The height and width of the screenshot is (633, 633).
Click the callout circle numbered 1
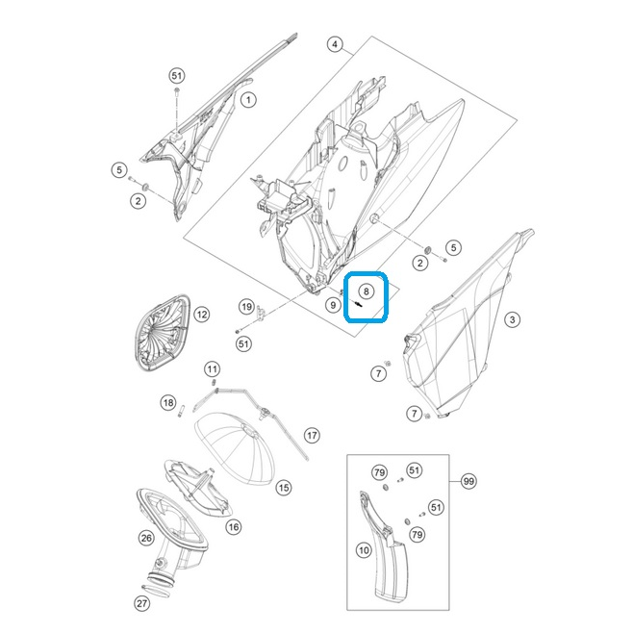[248, 100]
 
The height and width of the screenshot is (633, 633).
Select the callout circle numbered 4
[335, 44]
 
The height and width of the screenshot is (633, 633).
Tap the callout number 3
[513, 319]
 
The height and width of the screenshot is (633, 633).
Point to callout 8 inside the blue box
[367, 291]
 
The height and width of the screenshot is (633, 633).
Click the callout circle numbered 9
[333, 305]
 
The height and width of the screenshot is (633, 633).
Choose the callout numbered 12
[202, 315]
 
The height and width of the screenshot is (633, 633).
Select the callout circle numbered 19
[246, 307]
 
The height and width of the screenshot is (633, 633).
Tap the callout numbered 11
[213, 368]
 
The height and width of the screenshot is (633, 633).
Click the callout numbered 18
[168, 402]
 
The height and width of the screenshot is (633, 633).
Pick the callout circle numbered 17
[312, 435]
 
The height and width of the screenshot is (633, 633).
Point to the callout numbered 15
[284, 488]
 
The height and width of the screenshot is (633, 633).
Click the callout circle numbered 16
[234, 527]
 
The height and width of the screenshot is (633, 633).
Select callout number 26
[146, 538]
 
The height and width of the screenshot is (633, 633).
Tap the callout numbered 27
[141, 603]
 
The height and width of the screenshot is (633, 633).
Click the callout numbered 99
[468, 481]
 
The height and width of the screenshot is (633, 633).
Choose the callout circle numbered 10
[365, 550]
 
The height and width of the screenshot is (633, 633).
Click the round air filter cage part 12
[162, 333]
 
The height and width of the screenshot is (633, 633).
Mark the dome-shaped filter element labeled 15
[235, 447]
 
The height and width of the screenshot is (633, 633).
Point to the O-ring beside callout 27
[157, 591]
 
